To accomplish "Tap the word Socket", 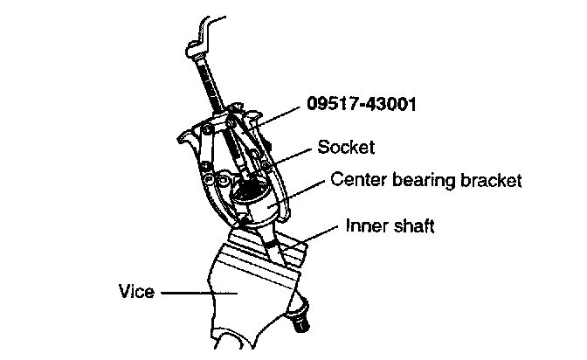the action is pos(347,147).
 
